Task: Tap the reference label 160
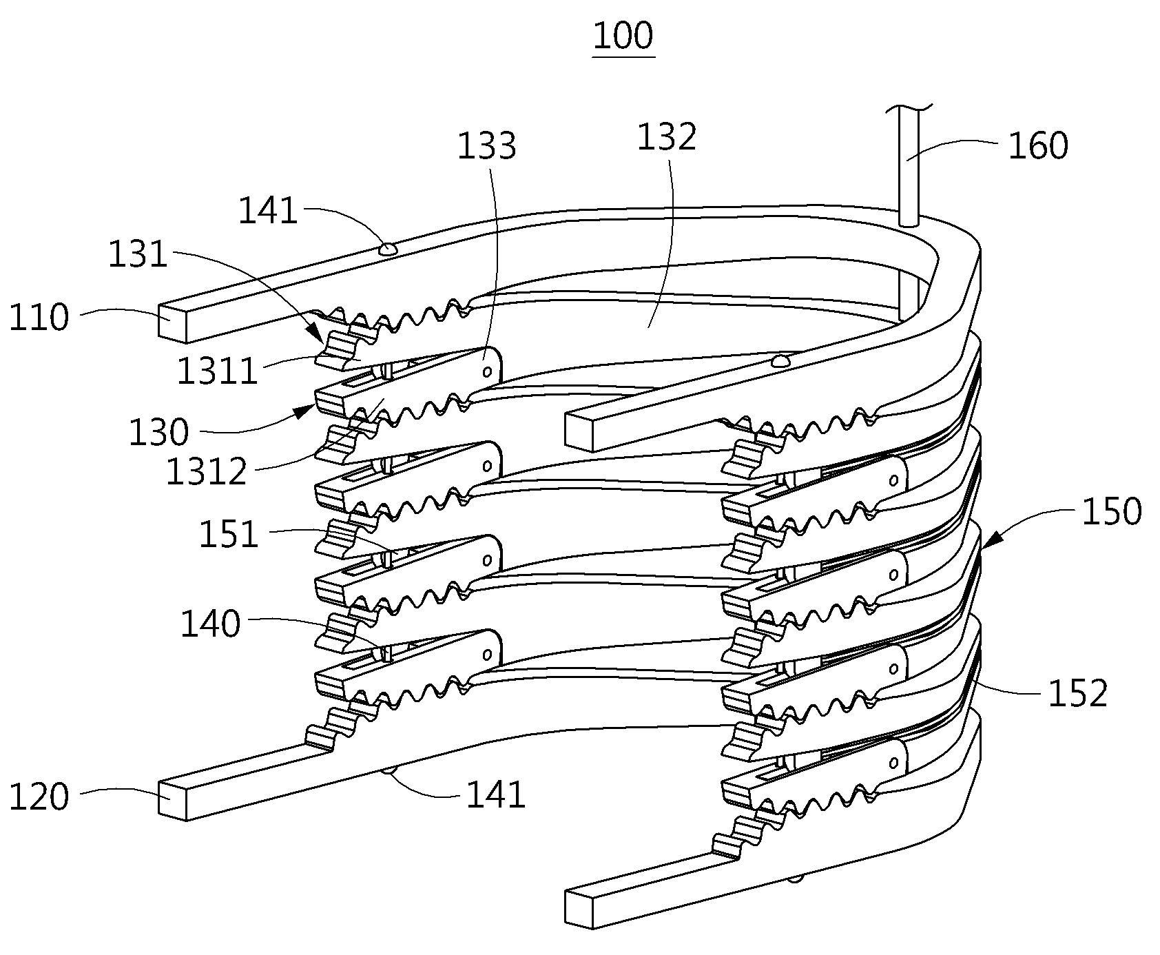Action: click(1038, 145)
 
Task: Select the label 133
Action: click(487, 146)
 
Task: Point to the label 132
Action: click(666, 137)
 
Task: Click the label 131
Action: click(138, 254)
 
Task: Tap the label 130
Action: click(158, 433)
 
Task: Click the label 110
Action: click(39, 318)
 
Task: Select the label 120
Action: click(39, 797)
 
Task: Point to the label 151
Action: click(229, 535)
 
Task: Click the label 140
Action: click(210, 624)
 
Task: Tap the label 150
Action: click(1111, 512)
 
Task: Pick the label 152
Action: click(1077, 693)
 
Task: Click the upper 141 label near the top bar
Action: click(268, 211)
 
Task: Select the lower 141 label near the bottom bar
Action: click(496, 795)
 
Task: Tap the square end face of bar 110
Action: click(173, 322)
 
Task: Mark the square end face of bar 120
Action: click(173, 799)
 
